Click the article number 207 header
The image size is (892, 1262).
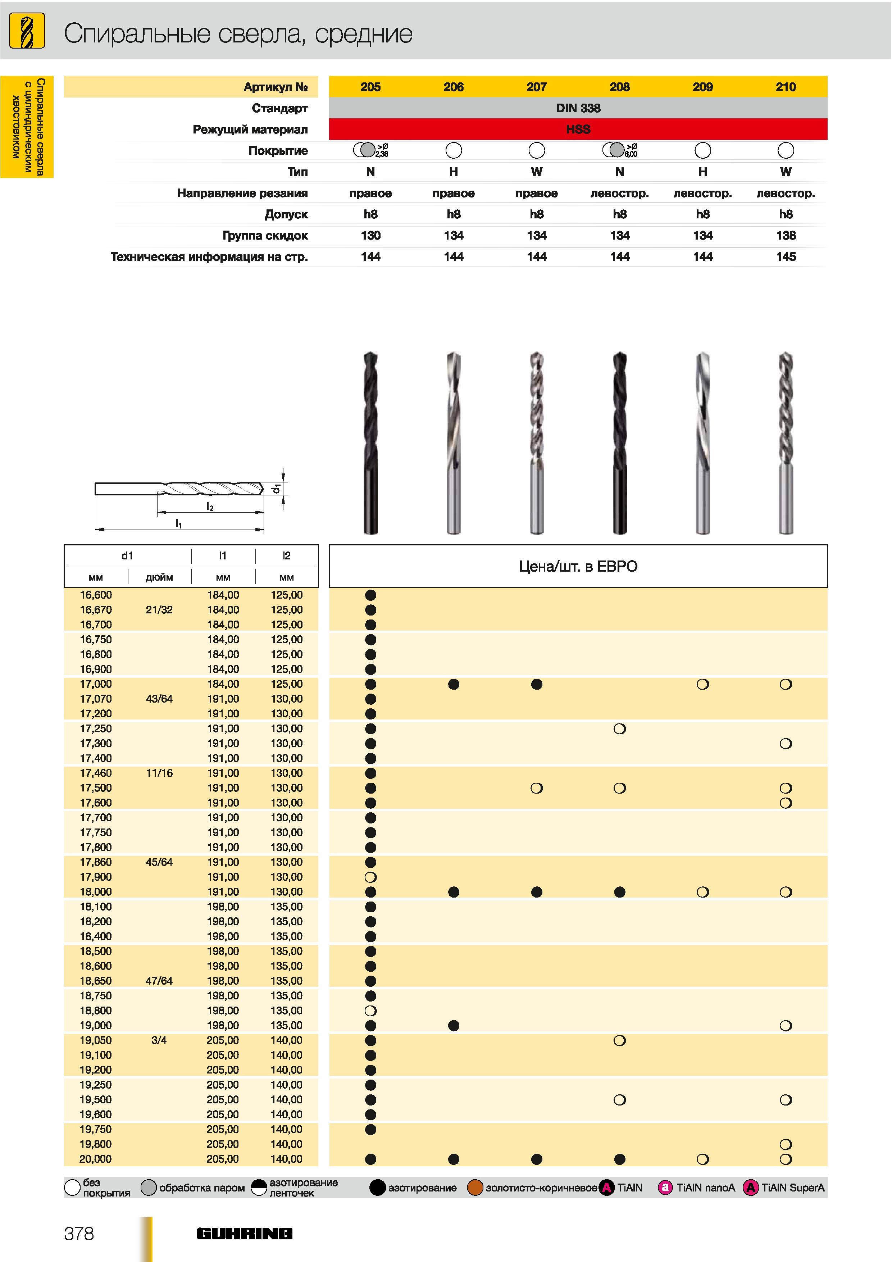[536, 87]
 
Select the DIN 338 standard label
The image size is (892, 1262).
[578, 108]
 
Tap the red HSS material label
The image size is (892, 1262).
[578, 130]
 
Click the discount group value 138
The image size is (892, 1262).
[786, 236]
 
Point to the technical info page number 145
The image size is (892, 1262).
[786, 257]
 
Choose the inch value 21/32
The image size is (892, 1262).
[159, 609]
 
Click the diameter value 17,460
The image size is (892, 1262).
[96, 773]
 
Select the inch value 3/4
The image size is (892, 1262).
[159, 1040]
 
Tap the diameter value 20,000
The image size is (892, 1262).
[96, 1159]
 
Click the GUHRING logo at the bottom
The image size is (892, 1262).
[245, 1234]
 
